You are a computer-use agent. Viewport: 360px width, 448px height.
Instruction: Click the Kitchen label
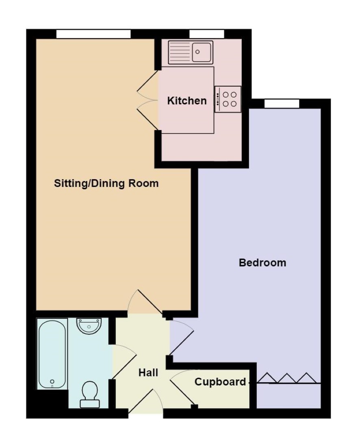click(187, 101)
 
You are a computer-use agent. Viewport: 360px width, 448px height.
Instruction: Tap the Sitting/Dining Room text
click(106, 183)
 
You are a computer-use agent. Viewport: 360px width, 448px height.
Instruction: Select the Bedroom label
click(262, 262)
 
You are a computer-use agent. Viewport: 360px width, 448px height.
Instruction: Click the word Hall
click(148, 372)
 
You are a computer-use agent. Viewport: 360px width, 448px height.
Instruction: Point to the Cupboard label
click(220, 382)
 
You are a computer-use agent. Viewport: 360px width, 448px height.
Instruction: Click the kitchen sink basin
click(202, 52)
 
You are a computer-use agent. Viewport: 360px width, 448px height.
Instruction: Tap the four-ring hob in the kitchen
click(228, 99)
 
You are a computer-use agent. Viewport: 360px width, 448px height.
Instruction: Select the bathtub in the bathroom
click(52, 354)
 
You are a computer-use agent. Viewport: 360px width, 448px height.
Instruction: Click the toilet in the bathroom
click(90, 394)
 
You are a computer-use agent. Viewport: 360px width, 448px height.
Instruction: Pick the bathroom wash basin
click(89, 326)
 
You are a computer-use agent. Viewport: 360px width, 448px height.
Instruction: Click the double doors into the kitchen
click(148, 100)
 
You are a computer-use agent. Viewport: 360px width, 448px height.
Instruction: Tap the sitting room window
click(93, 34)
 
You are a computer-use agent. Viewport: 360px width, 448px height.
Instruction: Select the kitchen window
click(207, 34)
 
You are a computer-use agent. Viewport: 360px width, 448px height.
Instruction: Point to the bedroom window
click(282, 104)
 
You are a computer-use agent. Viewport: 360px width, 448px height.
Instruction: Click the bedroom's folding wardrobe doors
click(288, 378)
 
